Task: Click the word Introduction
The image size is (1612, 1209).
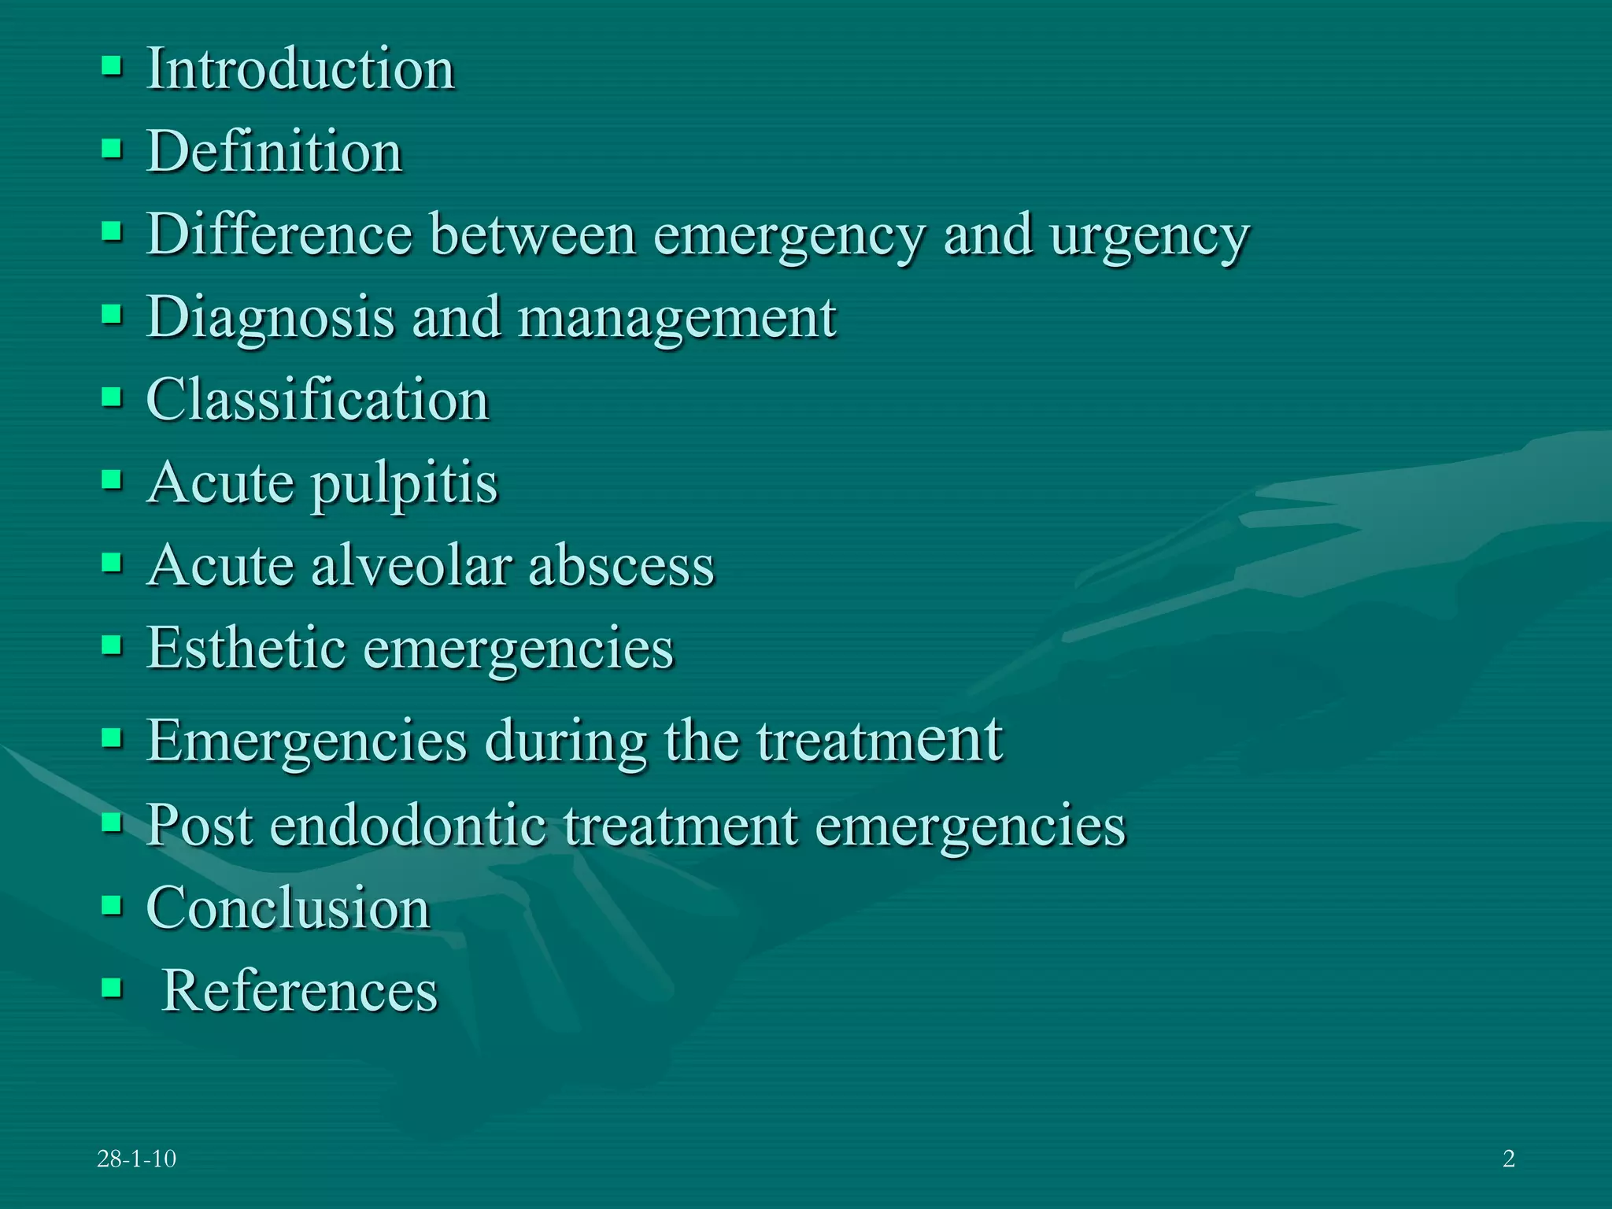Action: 301,69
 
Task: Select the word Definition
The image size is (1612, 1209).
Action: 275,151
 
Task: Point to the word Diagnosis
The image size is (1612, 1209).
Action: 270,319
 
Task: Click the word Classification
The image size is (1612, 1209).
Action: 318,400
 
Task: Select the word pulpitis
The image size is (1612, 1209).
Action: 405,484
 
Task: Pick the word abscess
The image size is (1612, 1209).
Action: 621,565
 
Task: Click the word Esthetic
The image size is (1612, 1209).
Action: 246,648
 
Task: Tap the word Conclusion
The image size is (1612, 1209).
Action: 288,908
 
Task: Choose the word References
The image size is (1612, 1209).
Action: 299,990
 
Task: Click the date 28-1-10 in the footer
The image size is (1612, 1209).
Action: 136,1159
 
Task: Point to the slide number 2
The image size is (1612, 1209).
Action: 1508,1159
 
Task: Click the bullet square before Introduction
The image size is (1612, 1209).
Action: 112,66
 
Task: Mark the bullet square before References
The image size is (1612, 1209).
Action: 112,987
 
